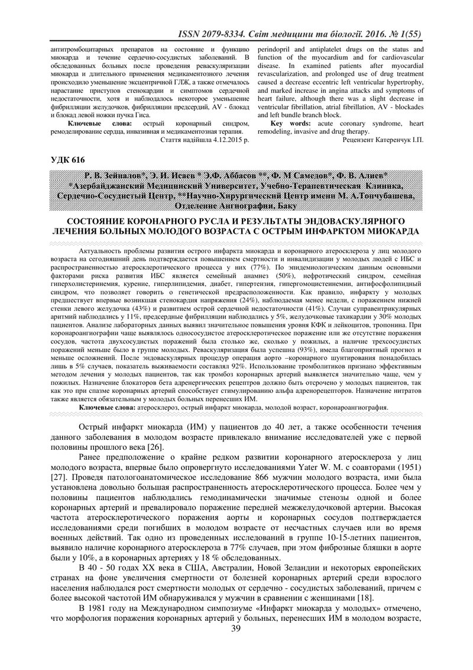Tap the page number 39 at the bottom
(237, 644)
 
